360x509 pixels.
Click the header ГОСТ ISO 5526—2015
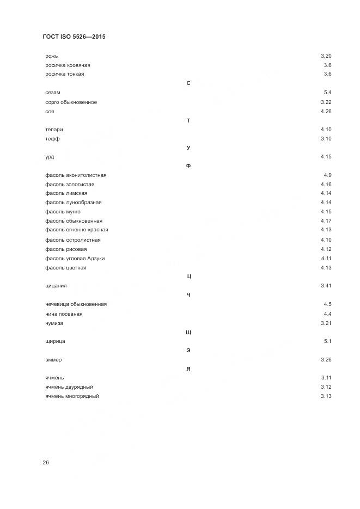pyautogui.click(x=74, y=37)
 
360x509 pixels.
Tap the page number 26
pyautogui.click(x=46, y=462)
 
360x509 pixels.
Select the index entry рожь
pyautogui.click(x=52, y=56)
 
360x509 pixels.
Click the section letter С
pyautogui.click(x=188, y=83)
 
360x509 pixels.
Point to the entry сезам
pyautogui.click(x=53, y=93)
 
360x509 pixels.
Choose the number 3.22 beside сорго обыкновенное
pyautogui.click(x=326, y=102)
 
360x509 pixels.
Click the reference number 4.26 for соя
pyautogui.click(x=326, y=112)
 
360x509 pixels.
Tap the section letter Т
pyautogui.click(x=188, y=120)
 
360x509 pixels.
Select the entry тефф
pyautogui.click(x=53, y=139)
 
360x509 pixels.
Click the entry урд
pyautogui.click(x=50, y=157)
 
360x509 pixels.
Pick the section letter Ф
pyautogui.click(x=188, y=166)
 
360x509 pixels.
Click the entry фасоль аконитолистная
pyautogui.click(x=76, y=175)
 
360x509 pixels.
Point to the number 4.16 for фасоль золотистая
pyautogui.click(x=326, y=185)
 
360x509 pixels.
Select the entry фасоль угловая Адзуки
pyautogui.click(x=75, y=259)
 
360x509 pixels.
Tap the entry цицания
pyautogui.click(x=56, y=286)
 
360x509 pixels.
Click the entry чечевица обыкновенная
pyautogui.click(x=76, y=304)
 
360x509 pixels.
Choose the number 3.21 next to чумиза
pyautogui.click(x=326, y=323)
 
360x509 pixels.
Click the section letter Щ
pyautogui.click(x=188, y=332)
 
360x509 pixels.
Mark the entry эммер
pyautogui.click(x=54, y=360)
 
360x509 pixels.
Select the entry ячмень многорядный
pyautogui.click(x=72, y=396)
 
